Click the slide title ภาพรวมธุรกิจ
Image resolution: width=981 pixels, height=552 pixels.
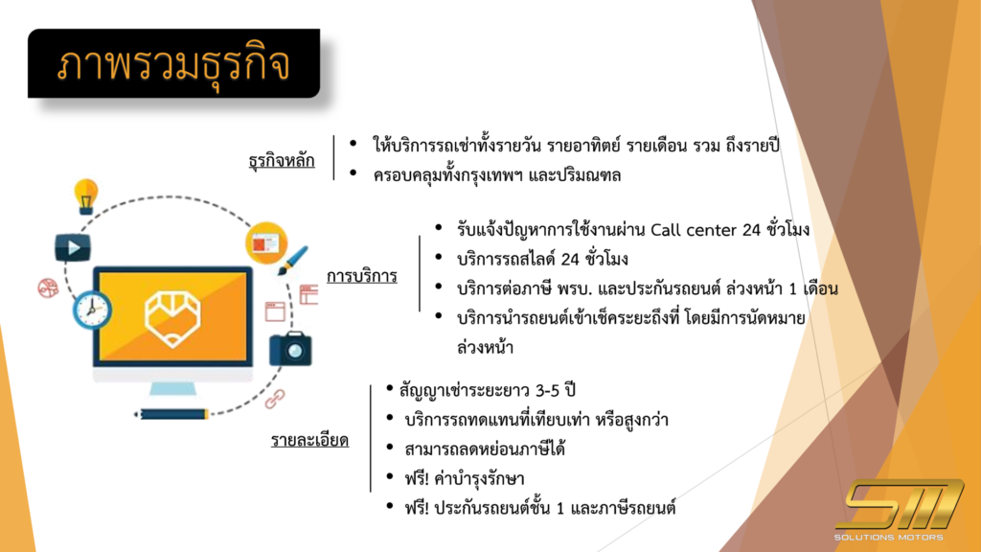(x=173, y=65)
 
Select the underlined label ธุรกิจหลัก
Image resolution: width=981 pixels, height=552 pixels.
(x=282, y=161)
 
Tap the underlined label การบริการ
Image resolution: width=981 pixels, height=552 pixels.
(x=361, y=276)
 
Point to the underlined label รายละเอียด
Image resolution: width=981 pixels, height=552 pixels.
(x=309, y=440)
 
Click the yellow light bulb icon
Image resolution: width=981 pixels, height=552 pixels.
(x=85, y=196)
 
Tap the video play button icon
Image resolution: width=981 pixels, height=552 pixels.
(x=73, y=248)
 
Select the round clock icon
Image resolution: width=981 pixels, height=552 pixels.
(x=93, y=310)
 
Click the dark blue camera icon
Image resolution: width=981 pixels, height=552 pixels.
(x=290, y=349)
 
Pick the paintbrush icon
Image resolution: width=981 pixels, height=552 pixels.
(x=291, y=261)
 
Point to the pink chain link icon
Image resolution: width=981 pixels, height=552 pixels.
(x=275, y=398)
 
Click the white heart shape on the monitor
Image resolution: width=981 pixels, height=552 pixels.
(x=172, y=318)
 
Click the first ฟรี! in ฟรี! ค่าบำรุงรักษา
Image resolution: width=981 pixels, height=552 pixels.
(x=417, y=479)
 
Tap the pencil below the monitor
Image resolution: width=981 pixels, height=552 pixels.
(x=171, y=414)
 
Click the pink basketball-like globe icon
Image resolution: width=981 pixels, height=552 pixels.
(x=48, y=287)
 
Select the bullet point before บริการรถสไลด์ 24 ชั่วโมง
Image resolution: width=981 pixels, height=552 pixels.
(x=439, y=257)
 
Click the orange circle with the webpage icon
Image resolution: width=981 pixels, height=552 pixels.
(x=266, y=242)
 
